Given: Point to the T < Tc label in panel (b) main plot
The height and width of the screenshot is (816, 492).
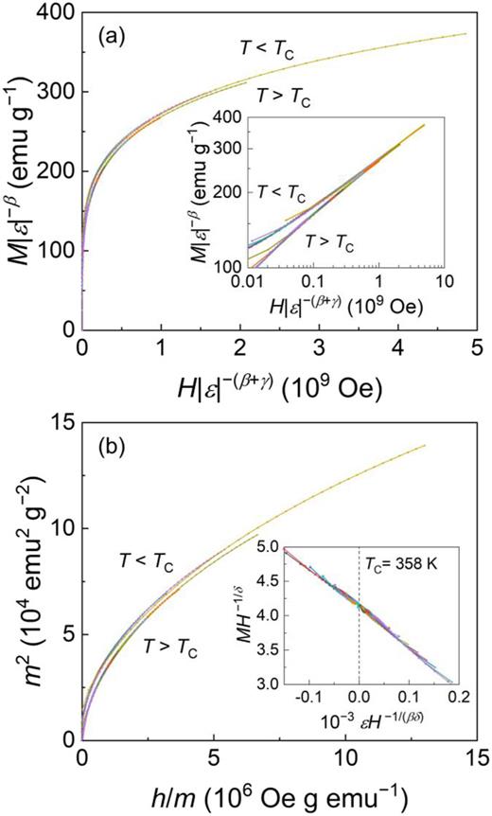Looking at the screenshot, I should (146, 560).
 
